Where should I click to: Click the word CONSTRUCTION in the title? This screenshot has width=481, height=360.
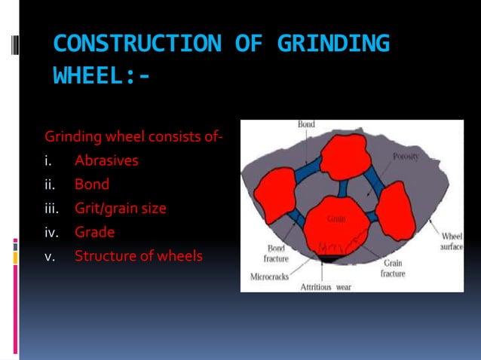(136, 44)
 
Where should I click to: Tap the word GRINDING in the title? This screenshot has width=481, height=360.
(333, 44)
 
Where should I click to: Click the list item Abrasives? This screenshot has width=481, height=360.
(106, 160)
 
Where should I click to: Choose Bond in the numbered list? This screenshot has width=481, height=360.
(92, 184)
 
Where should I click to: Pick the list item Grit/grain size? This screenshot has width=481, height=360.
(121, 208)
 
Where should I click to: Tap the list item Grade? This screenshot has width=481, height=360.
(94, 232)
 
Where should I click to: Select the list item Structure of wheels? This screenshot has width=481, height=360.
(138, 256)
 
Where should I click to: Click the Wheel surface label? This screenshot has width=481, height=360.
(452, 240)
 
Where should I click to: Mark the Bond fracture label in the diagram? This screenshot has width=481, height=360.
(276, 253)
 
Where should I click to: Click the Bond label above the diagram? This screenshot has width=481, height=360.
(306, 124)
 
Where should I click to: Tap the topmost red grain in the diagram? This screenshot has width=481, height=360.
(344, 155)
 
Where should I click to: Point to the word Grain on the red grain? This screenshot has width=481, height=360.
(336, 219)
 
